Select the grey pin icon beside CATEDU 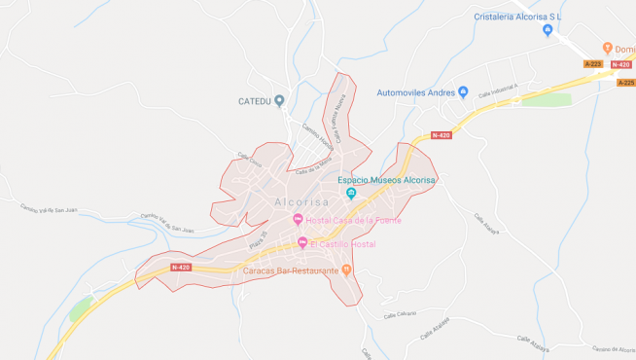click(279, 100)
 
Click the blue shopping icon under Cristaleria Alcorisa click(548, 31)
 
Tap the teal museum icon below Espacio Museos click(352, 193)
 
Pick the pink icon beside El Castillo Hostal click(302, 243)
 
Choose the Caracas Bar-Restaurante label click(283, 270)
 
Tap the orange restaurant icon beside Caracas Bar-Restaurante click(346, 270)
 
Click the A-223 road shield click(593, 64)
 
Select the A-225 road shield click(626, 83)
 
